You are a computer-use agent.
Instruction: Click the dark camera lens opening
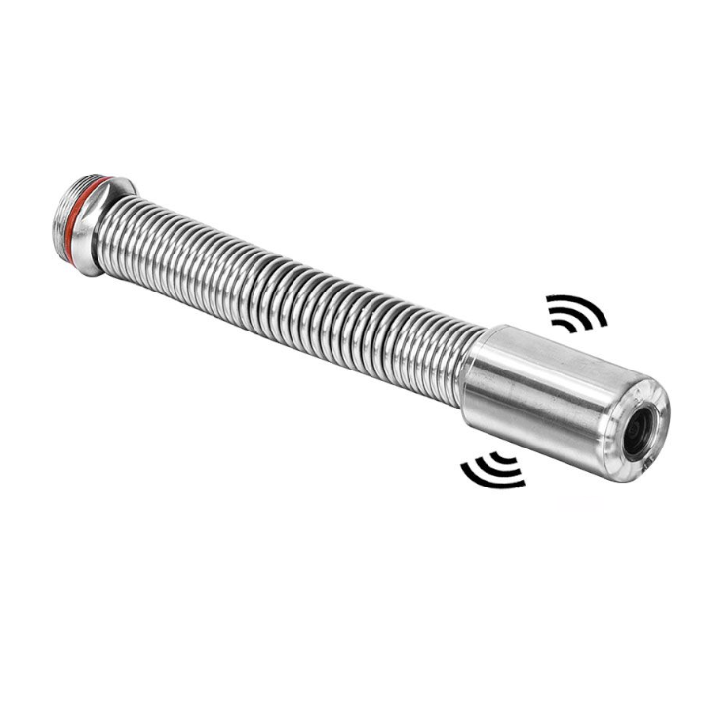(641, 427)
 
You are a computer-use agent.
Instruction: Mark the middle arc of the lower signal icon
(497, 466)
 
